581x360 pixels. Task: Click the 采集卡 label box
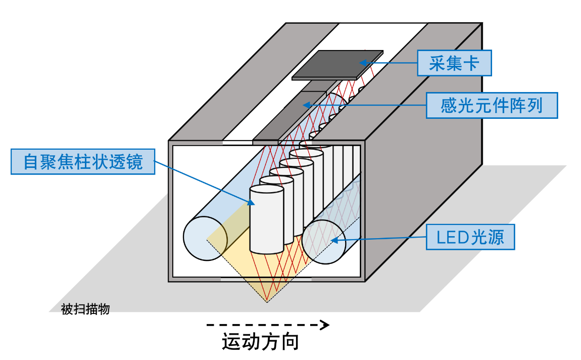click(x=454, y=63)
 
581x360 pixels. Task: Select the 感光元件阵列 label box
click(x=492, y=106)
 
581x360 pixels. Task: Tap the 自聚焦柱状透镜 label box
click(x=83, y=162)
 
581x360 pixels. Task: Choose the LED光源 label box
click(x=470, y=237)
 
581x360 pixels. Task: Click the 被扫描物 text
click(x=85, y=309)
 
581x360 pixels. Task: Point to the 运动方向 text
click(x=260, y=341)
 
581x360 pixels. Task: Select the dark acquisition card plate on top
click(x=337, y=65)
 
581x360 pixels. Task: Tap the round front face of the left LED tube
click(x=205, y=238)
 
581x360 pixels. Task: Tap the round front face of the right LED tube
click(x=324, y=242)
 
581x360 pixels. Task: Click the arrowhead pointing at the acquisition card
click(x=363, y=63)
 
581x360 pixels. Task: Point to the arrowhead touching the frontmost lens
click(x=251, y=202)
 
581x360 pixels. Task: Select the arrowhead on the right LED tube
click(x=334, y=241)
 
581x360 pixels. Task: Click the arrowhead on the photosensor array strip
click(x=307, y=105)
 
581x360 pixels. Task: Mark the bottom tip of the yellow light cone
click(x=267, y=302)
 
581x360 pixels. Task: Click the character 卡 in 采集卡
click(x=471, y=63)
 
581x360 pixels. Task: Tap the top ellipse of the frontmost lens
click(x=267, y=189)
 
